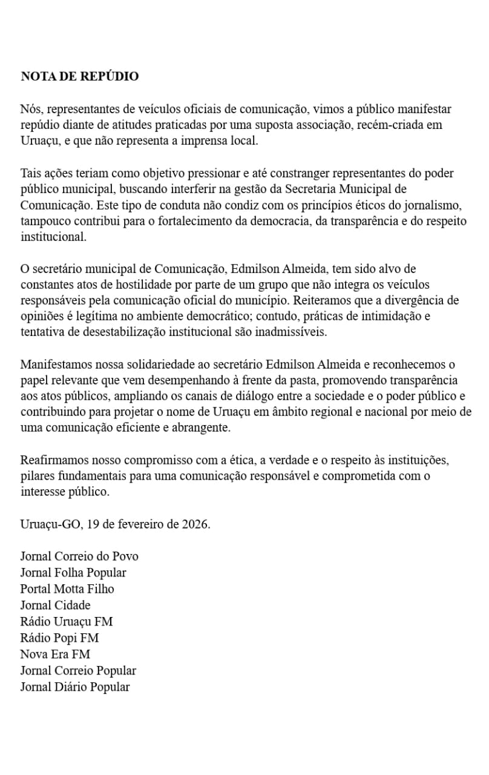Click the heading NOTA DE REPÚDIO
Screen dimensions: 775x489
(79, 76)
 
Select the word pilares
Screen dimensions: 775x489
(36, 476)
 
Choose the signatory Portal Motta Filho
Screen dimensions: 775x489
(67, 589)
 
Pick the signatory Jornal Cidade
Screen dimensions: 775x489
(55, 605)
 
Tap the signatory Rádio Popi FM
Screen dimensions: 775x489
(59, 638)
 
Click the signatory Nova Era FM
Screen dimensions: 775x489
(55, 655)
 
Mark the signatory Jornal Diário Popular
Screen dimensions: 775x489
(74, 687)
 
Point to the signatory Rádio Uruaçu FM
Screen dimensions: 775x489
(66, 622)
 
